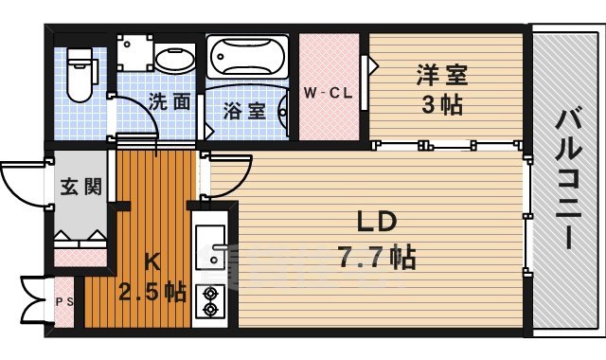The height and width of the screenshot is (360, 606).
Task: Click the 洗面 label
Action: (x=169, y=102)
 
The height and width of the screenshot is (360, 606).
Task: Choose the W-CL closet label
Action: (x=329, y=93)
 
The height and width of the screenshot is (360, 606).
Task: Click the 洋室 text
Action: (x=441, y=74)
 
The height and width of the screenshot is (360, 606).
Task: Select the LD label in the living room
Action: (x=376, y=224)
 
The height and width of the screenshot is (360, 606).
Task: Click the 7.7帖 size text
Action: (x=376, y=256)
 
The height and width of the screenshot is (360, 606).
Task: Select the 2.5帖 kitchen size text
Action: (x=151, y=292)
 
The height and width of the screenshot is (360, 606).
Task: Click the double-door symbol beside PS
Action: (x=32, y=301)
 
